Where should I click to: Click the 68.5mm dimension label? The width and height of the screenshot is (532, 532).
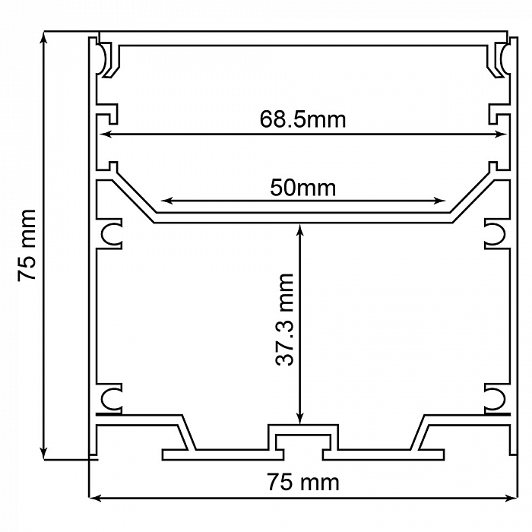click(302, 119)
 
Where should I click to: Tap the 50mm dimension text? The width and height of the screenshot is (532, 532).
click(303, 188)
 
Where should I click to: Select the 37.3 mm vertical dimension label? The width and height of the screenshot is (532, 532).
click(284, 320)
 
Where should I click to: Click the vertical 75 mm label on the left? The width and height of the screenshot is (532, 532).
click(27, 245)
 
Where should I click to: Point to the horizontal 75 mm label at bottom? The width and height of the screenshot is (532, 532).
click(303, 482)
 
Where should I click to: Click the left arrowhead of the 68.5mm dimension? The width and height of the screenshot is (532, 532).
click(106, 135)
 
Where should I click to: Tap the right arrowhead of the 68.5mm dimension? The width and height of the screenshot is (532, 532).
click(501, 135)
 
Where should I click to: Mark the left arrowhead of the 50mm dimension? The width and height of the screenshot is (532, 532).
click(166, 201)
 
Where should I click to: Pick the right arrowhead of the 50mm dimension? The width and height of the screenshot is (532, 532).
click(440, 201)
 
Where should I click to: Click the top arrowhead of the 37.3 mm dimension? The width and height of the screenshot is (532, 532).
click(299, 230)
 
